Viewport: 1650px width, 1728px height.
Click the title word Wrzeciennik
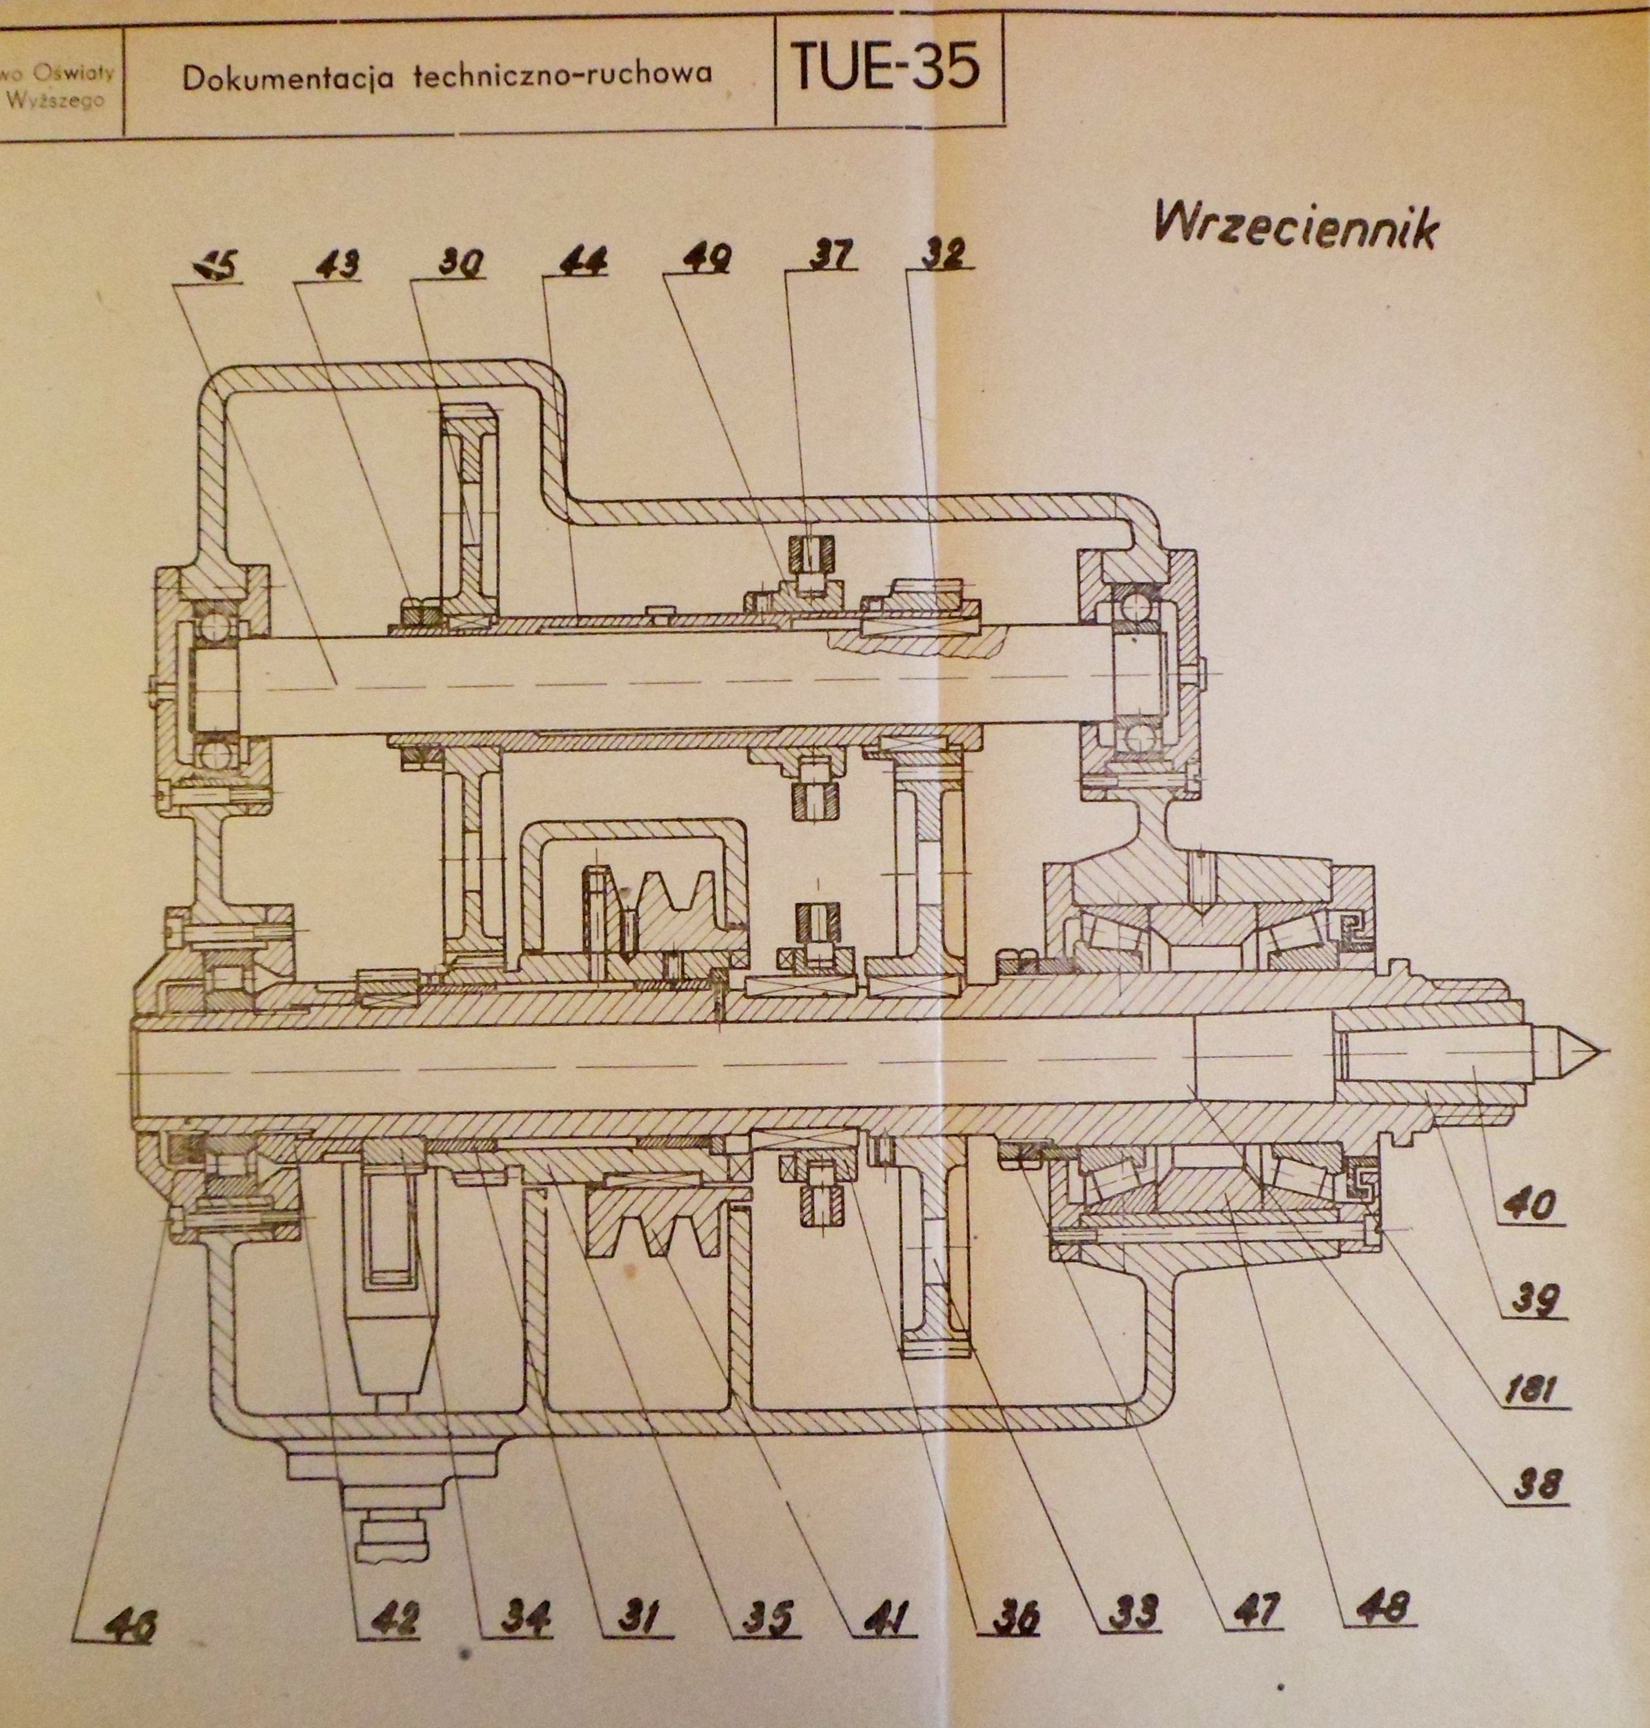click(1296, 226)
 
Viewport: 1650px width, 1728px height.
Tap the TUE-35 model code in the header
click(884, 68)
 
